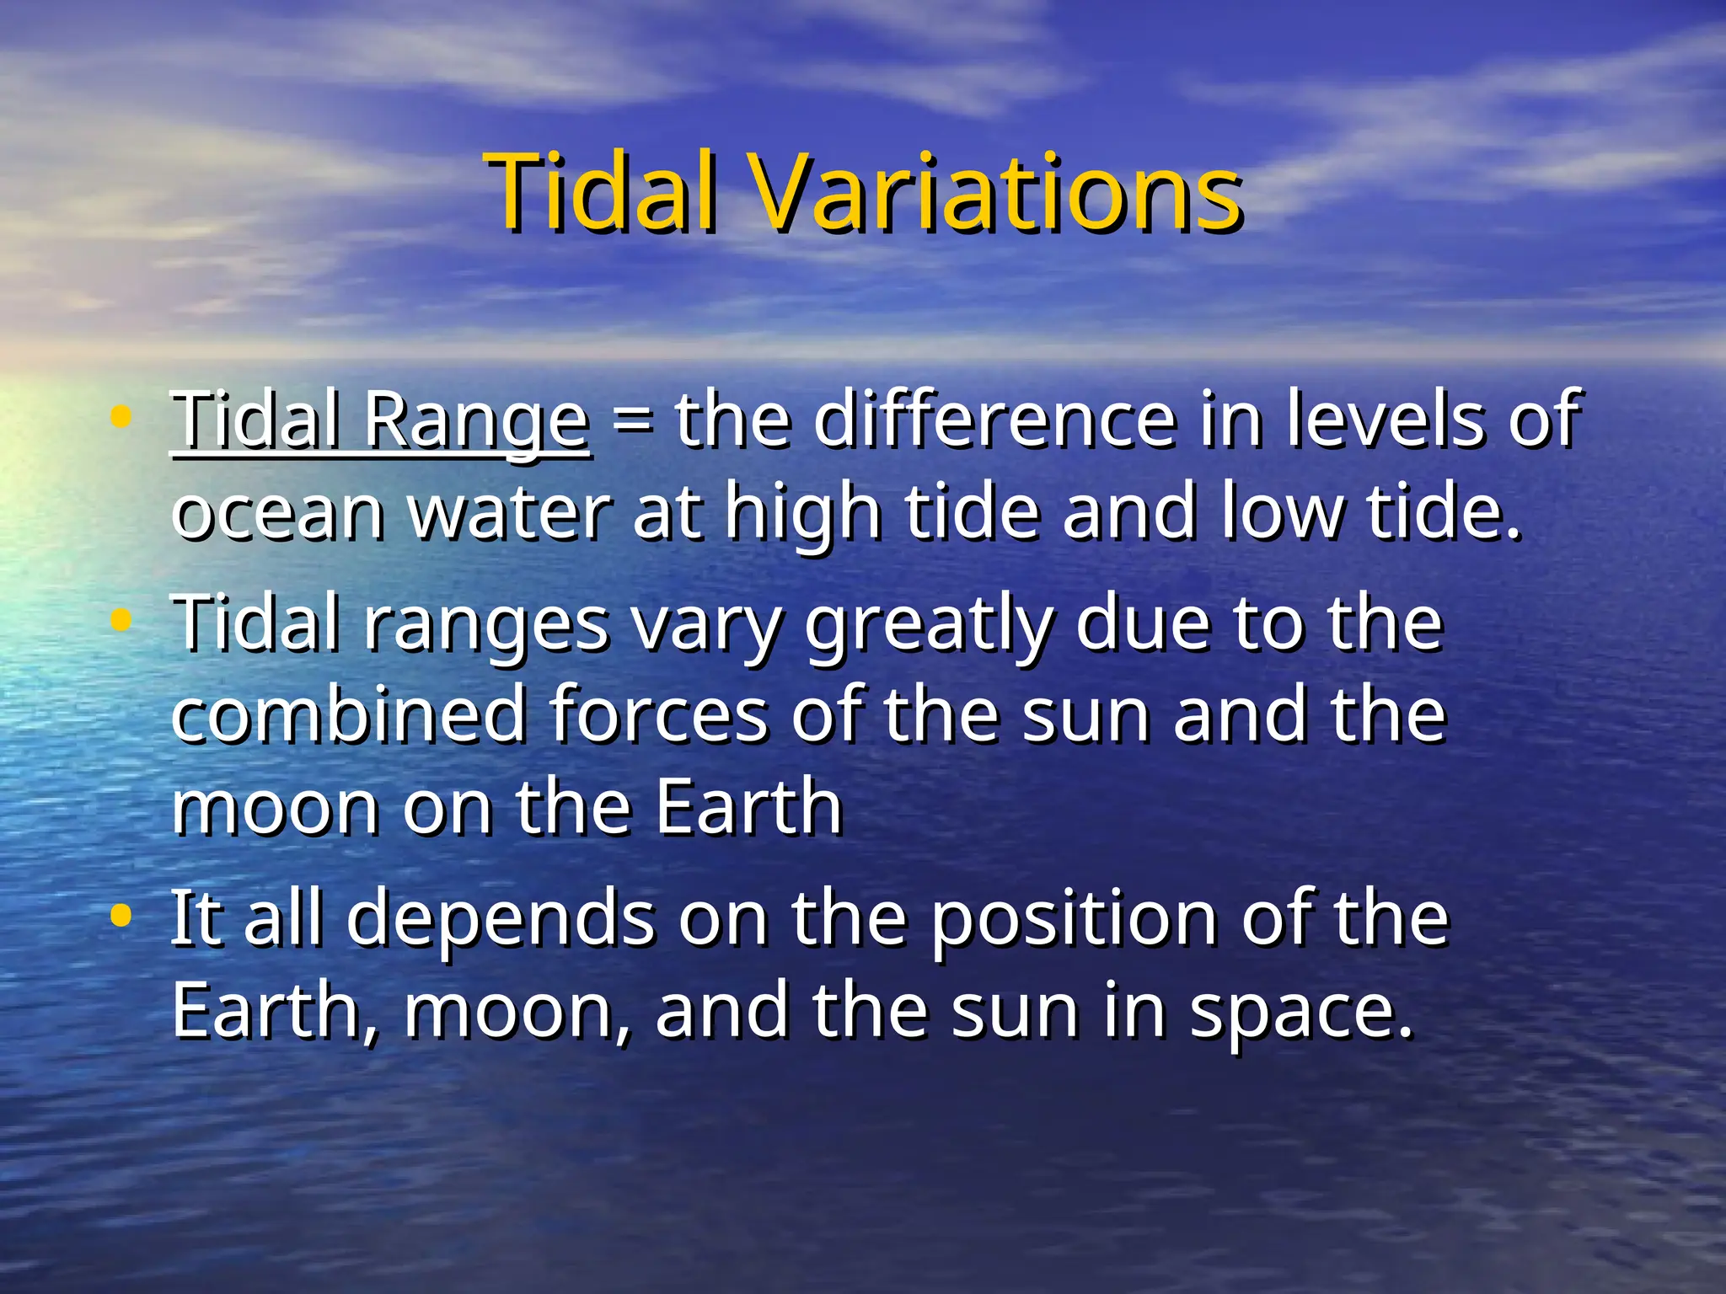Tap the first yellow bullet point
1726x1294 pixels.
pos(121,416)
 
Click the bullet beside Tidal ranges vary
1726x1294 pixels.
pos(121,621)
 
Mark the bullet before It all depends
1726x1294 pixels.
pos(121,916)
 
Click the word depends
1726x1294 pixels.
pos(501,920)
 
